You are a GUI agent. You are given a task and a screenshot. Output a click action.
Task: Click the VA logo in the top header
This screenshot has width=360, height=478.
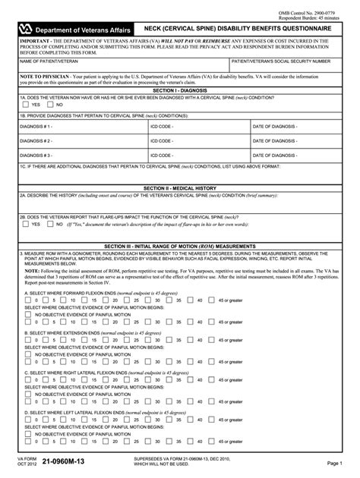click(27, 26)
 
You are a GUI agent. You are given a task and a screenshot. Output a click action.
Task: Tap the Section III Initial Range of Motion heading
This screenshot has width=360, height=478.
click(180, 247)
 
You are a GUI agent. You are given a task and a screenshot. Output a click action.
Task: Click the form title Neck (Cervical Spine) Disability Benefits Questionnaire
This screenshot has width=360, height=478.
click(248, 26)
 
